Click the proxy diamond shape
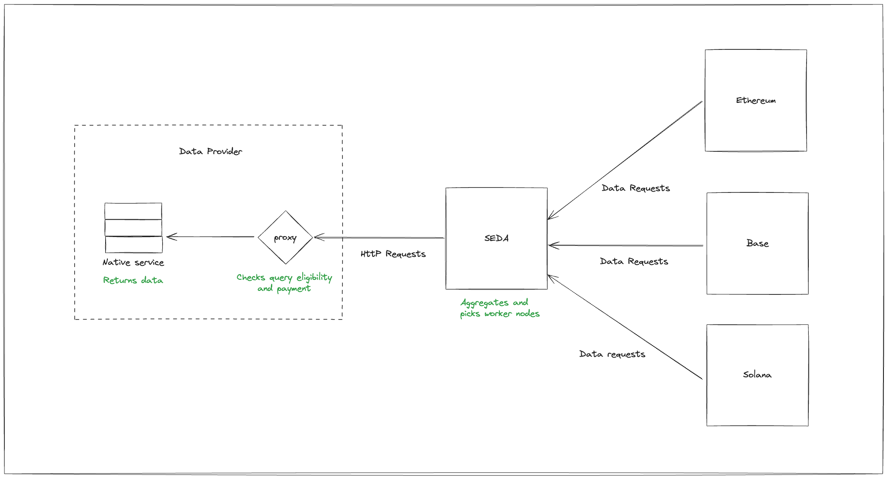click(x=285, y=237)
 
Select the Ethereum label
click(x=756, y=101)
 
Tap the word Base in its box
click(x=758, y=243)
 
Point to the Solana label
click(x=757, y=375)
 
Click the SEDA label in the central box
click(x=496, y=238)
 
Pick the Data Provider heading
click(x=210, y=151)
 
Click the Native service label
click(x=133, y=263)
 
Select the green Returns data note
click(x=133, y=280)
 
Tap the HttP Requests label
click(x=393, y=254)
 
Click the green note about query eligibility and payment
click(x=284, y=282)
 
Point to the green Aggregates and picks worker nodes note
click(x=499, y=308)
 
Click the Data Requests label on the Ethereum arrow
click(x=636, y=188)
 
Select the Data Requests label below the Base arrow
click(x=634, y=262)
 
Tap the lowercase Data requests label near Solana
click(x=612, y=354)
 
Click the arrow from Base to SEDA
click(x=625, y=245)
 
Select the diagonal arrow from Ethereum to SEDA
click(x=625, y=160)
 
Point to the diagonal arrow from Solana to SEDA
click(x=625, y=327)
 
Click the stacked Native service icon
click(x=133, y=228)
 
